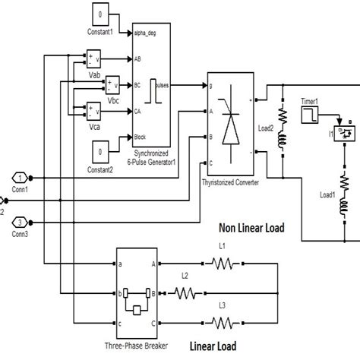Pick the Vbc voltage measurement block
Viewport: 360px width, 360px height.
[x=113, y=84]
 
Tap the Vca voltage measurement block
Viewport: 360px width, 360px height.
[x=94, y=110]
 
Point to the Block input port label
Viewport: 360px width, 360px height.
[x=142, y=137]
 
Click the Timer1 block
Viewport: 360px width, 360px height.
[x=311, y=115]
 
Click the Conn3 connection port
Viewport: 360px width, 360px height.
[x=21, y=222]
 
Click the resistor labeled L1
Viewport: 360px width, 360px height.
[x=223, y=264]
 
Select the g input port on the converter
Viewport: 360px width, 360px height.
[x=212, y=86]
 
